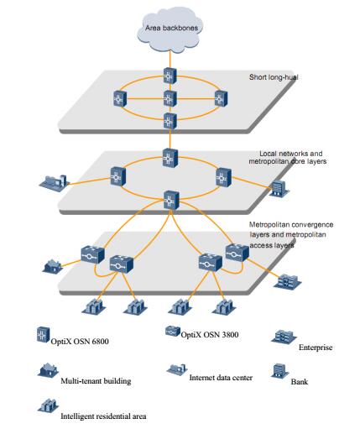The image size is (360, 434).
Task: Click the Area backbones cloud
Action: click(170, 29)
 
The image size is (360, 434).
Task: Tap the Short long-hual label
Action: click(274, 77)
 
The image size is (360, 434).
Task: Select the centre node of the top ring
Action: click(170, 98)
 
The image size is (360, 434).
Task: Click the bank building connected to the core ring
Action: click(279, 189)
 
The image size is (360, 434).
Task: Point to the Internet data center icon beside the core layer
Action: click(55, 183)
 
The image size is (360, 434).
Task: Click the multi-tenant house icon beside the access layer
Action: click(52, 266)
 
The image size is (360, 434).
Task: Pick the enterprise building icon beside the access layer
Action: click(287, 281)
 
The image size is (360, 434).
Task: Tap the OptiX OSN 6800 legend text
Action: click(80, 341)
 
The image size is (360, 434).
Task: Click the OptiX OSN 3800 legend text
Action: click(210, 334)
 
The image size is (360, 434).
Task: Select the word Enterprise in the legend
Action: click(316, 348)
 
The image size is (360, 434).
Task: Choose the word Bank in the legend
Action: click(300, 381)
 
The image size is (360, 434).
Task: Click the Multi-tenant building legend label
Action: click(96, 381)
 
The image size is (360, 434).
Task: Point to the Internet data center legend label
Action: click(221, 378)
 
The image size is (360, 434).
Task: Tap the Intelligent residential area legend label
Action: click(103, 416)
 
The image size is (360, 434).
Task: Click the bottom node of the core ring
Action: click(171, 200)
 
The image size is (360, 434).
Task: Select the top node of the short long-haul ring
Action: click(170, 76)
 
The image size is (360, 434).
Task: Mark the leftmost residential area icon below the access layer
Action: click(94, 306)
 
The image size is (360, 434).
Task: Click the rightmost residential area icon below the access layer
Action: click(224, 307)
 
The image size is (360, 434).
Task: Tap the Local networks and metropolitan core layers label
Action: click(288, 157)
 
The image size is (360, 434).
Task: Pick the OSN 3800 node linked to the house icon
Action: click(92, 254)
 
